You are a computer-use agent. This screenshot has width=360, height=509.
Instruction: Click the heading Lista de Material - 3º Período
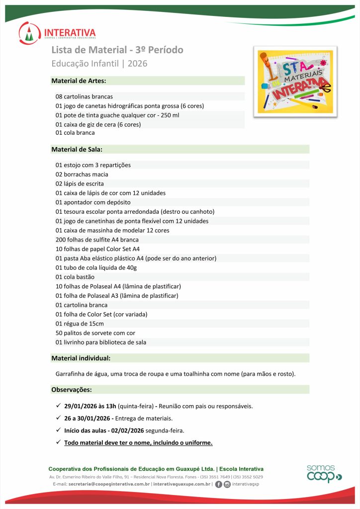pos(117,50)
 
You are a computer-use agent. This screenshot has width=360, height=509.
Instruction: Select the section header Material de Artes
pos(79,81)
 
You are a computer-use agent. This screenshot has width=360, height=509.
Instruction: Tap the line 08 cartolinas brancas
pos(84,96)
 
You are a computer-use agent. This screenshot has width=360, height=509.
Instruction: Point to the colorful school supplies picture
pos(295,82)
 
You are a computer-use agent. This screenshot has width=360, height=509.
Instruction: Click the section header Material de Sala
pos(77,149)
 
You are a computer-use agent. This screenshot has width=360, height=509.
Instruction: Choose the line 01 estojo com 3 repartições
pos(93,165)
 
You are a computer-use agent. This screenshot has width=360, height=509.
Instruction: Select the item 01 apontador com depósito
pos(93,202)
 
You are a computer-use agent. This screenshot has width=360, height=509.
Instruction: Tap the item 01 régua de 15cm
pos(81,324)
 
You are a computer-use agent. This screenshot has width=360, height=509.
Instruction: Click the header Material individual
pos(81,358)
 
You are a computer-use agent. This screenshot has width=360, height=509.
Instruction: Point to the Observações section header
pos(72,389)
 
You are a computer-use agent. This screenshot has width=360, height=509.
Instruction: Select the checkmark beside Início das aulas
pos(58,430)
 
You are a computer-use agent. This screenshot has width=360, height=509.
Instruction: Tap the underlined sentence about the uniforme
pos(138,443)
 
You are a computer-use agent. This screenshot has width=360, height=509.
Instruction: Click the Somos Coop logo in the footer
pos(324,474)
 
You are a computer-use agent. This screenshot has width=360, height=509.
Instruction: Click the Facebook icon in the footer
pos(218,485)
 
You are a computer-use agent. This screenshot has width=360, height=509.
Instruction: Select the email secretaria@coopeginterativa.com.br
pos(109,484)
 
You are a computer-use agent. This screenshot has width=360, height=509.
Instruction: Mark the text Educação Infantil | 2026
pos(99,64)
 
